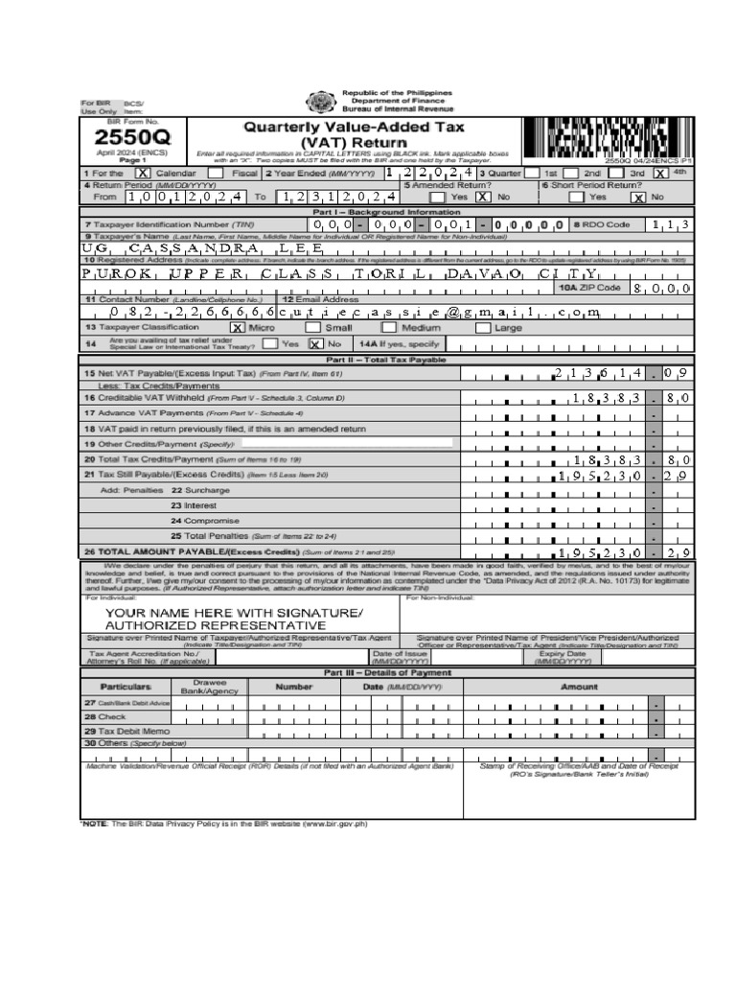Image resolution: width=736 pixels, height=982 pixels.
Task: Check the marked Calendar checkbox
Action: [143, 174]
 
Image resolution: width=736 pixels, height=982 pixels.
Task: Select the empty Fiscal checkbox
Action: [215, 174]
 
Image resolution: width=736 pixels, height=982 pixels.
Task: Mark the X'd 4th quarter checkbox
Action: [661, 174]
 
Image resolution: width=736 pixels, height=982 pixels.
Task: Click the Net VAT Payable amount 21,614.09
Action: [622, 373]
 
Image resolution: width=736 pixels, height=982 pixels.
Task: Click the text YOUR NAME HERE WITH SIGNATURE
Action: [226, 611]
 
